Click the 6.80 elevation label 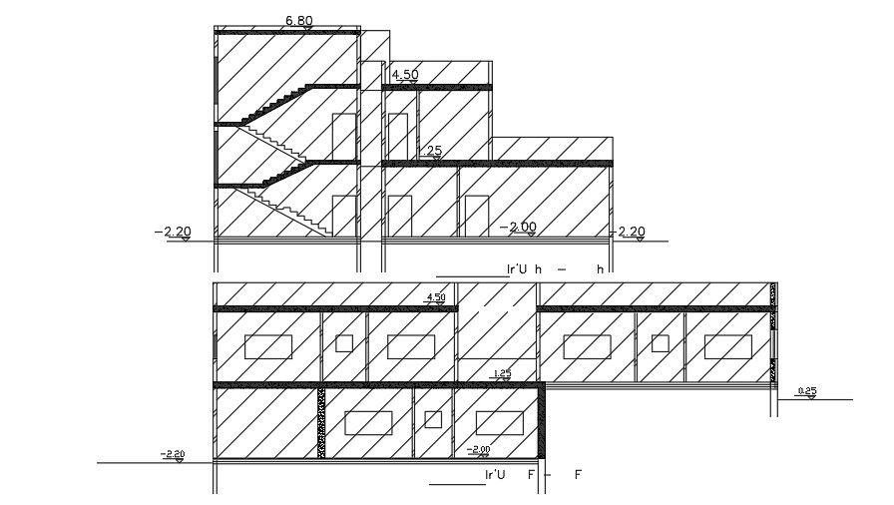pos(298,20)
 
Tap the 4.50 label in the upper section pos(405,75)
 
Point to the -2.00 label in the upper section pos(522,227)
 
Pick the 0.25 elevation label pos(808,390)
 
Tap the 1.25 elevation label pos(502,373)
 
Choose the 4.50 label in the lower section pos(435,297)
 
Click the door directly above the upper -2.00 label pos(476,217)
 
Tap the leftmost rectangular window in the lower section pos(268,346)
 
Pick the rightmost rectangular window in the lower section pos(727,346)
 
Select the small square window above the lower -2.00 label pos(432,419)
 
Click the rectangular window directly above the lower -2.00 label pos(500,421)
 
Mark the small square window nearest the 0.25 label pos(660,343)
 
